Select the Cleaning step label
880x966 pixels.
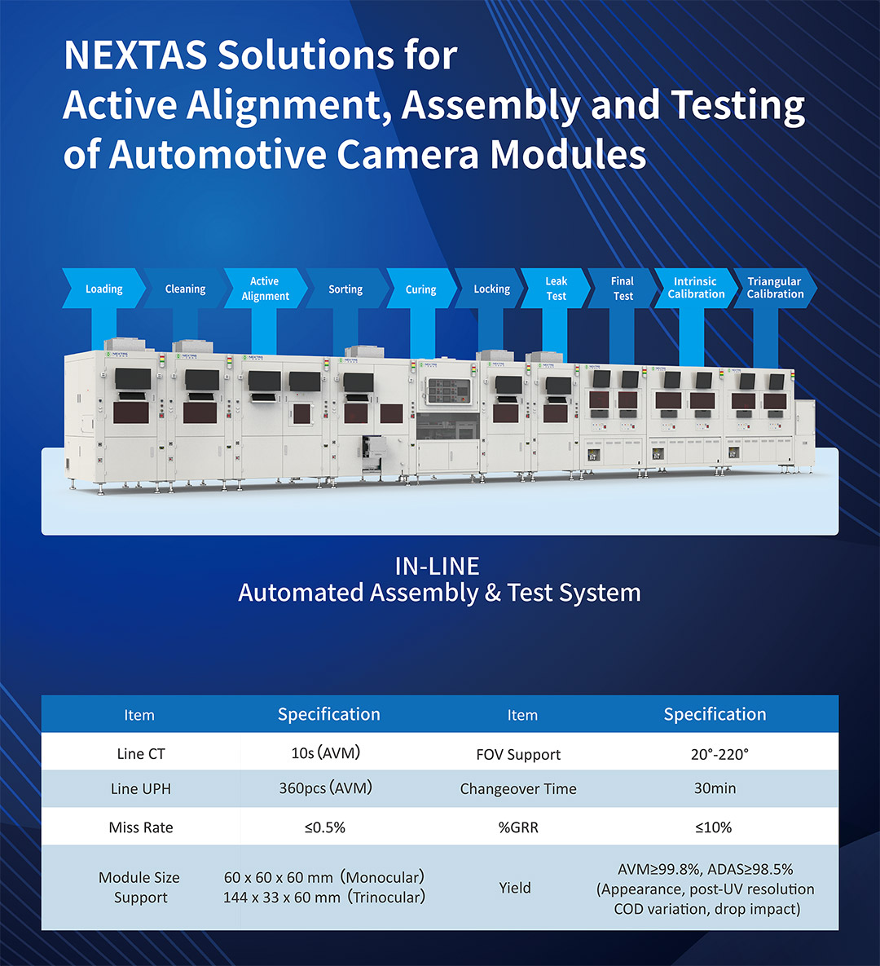point(185,289)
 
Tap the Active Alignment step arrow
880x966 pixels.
point(266,289)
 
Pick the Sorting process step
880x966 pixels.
point(345,289)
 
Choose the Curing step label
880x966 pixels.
point(420,289)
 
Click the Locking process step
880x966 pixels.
point(491,289)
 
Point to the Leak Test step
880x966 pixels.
point(556,289)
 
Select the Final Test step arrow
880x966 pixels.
point(622,289)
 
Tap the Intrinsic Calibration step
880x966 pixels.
point(696,289)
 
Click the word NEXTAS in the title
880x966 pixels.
point(135,55)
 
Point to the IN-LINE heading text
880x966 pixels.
point(438,567)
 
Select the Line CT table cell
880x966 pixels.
point(141,753)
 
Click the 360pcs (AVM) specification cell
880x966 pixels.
point(326,788)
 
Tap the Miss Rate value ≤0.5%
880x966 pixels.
point(325,827)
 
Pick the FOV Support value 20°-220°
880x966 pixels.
point(719,754)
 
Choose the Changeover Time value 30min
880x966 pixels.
point(715,788)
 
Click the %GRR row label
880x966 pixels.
point(518,827)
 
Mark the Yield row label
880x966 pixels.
point(515,888)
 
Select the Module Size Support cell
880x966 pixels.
point(140,887)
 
